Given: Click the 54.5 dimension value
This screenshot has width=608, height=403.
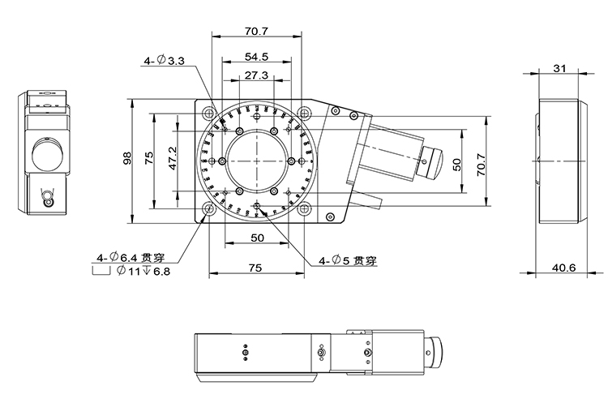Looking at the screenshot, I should click(x=256, y=58).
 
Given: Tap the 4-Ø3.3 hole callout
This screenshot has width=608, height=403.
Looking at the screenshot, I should click(x=165, y=61).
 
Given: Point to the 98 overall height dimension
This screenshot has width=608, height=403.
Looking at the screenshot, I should click(x=127, y=160).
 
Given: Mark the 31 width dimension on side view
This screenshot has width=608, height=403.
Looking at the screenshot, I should click(x=559, y=69).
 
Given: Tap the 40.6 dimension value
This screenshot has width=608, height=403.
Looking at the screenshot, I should click(x=559, y=267).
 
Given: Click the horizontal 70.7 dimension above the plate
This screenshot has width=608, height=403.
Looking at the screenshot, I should click(x=256, y=32).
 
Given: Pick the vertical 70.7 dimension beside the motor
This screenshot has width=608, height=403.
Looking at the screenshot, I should click(x=481, y=165).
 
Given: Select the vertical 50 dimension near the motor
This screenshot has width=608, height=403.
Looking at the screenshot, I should click(x=457, y=165).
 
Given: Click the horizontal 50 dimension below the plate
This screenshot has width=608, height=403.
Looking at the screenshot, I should click(x=256, y=238).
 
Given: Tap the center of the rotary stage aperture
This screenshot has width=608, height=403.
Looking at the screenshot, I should click(x=256, y=160).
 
